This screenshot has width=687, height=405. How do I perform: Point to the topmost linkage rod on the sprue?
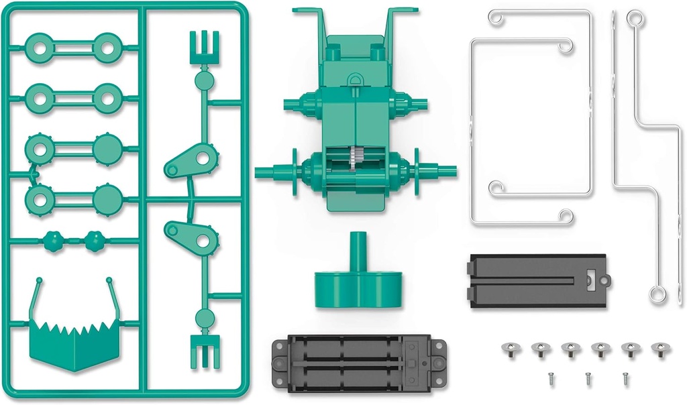(x=72, y=46)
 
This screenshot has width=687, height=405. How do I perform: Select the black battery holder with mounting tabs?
(x=358, y=365)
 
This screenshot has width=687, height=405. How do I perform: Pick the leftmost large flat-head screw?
(x=510, y=349)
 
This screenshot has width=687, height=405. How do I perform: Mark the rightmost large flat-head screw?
(x=660, y=349)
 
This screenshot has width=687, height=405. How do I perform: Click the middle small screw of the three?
(x=588, y=378)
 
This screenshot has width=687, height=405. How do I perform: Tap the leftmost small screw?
(x=551, y=378)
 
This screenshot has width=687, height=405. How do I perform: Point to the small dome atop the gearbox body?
(x=356, y=81)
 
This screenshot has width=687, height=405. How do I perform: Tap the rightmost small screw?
(x=625, y=378)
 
